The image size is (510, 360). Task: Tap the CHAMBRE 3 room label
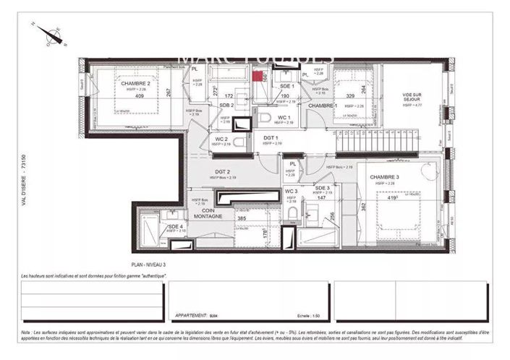point(384,178)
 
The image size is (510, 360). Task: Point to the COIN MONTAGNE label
point(208,215)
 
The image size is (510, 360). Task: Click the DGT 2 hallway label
point(222,171)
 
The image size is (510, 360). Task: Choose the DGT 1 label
point(271,137)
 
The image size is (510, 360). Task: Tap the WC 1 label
point(284,117)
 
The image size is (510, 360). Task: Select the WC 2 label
point(221,139)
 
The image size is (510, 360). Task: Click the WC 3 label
point(291,191)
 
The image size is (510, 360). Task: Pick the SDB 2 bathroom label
point(226,105)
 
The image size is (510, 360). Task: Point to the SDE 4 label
point(177,226)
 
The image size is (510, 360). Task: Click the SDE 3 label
point(323,187)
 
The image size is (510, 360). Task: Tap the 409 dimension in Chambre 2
point(140,96)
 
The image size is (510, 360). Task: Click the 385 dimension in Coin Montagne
point(242,218)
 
